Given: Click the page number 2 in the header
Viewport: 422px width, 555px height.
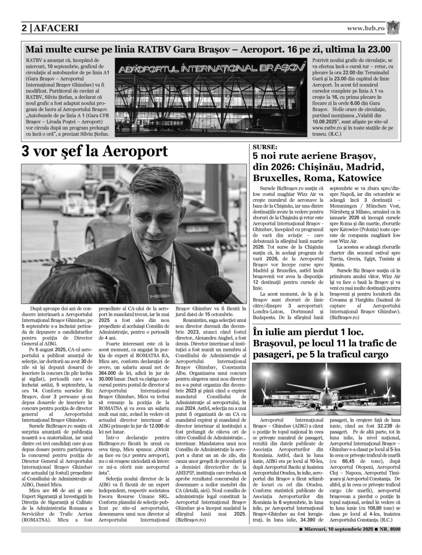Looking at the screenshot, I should (x=24, y=28).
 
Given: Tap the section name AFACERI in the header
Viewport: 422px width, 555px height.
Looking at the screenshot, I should (x=56, y=28).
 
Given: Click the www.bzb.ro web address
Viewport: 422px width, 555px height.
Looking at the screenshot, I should (x=366, y=28).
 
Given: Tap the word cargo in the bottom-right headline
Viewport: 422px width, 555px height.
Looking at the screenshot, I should (x=373, y=354).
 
